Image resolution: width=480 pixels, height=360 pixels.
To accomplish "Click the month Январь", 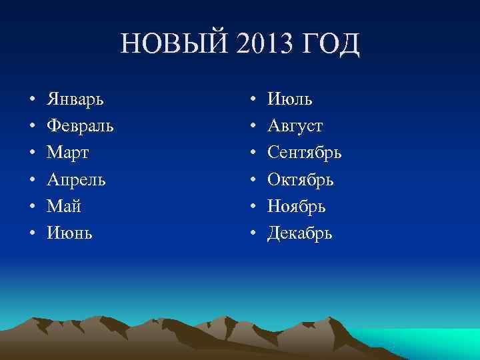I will pos(79,100).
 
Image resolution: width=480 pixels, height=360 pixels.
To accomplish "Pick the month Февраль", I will pos(80,127).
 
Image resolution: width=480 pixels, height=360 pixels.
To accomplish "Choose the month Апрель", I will pos(76,180).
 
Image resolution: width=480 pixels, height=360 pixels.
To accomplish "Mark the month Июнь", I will pos(69,233).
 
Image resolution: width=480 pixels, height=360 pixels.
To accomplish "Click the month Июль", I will pos(290,100).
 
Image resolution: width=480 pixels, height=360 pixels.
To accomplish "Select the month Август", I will pos(295,127).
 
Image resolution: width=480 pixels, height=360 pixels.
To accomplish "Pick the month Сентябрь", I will pos(305,153).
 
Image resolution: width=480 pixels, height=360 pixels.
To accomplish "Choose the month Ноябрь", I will pos(297,207).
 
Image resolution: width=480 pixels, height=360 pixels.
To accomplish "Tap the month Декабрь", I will pos(299,233).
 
